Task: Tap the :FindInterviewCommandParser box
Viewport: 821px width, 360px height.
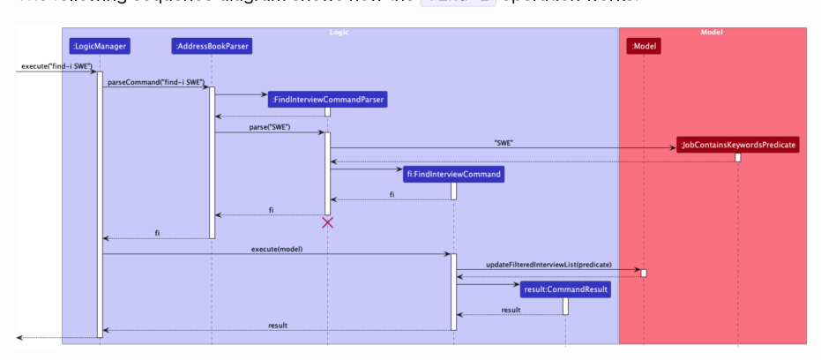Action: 327,100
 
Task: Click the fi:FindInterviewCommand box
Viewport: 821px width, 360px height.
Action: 453,174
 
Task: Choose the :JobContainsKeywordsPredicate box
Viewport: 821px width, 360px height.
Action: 738,145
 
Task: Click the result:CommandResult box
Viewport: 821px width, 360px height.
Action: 564,289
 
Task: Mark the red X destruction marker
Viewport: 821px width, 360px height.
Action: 327,222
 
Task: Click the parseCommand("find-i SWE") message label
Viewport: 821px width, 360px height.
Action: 155,82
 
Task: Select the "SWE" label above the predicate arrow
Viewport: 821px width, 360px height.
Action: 504,142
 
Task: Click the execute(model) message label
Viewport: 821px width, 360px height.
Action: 277,249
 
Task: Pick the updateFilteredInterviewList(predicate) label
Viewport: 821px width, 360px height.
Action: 549,264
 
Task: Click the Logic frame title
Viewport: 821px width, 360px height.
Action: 340,33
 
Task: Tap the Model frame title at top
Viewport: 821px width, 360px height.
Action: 712,33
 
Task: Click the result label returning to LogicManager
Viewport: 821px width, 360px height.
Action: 278,326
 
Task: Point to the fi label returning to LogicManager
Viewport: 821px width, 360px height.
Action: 157,233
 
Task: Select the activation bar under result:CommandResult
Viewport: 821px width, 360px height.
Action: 565,305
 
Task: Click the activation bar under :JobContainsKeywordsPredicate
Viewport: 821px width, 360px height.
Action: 738,157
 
